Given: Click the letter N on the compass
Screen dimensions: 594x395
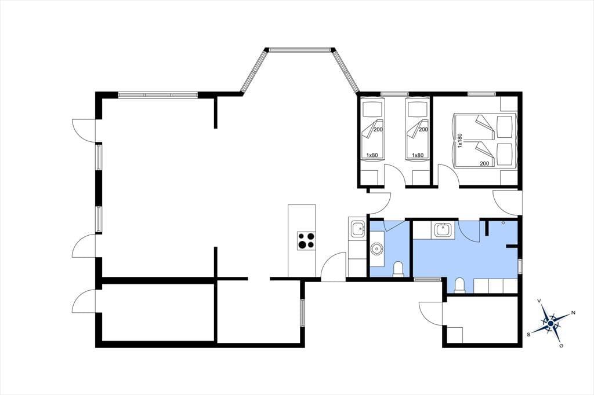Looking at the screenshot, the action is coord(573,313).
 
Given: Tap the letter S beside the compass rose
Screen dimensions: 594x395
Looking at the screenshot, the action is coord(528,334).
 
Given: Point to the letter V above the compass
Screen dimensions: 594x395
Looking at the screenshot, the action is coord(539,301).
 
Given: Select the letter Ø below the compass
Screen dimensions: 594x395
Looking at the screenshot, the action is coord(561,346).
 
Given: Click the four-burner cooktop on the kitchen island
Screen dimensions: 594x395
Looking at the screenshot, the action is coord(306,240).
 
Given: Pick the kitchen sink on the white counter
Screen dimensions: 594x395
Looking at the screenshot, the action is coord(357,229).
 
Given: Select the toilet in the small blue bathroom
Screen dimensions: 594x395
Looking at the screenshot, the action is coord(398,269).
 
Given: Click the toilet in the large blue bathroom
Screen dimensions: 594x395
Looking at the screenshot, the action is coord(459,286).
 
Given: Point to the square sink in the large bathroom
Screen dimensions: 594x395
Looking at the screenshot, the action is coord(442,229).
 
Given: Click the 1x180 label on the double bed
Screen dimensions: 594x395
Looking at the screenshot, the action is coord(460,140).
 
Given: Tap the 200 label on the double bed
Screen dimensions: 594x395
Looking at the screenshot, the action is coord(484,163).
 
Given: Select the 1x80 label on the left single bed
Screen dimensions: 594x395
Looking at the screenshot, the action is coord(372,155).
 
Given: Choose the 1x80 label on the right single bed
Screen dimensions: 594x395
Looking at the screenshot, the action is coord(418,155).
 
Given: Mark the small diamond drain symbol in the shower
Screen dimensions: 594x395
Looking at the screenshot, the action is coord(503,223).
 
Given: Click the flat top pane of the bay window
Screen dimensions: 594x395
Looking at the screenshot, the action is coord(300,49).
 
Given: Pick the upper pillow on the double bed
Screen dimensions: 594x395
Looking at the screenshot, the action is coord(504,127).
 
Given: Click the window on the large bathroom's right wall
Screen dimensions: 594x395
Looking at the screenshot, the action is coord(520,266).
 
